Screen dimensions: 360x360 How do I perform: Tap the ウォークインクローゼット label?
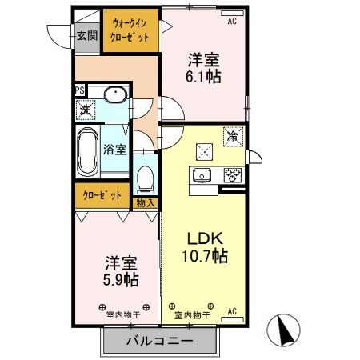coord(129,30)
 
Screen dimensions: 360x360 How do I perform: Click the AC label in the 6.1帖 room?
coord(233,22)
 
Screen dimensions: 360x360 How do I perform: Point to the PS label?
coord(80,90)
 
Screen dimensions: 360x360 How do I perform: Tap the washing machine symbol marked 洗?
coord(84,110)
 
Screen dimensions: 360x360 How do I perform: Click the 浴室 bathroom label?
coord(114,149)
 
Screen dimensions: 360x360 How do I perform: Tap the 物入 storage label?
coord(146,203)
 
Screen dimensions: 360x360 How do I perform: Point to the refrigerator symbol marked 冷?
coord(232,138)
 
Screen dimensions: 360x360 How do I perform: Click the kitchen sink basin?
coord(201,175)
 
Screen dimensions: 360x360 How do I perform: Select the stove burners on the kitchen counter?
coord(233,175)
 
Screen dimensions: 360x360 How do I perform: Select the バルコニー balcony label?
coord(160,342)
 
